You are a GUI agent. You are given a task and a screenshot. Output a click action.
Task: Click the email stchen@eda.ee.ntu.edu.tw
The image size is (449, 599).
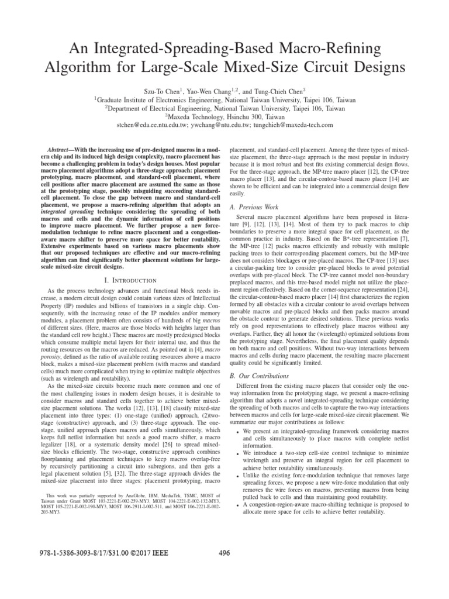tap(153, 125)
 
